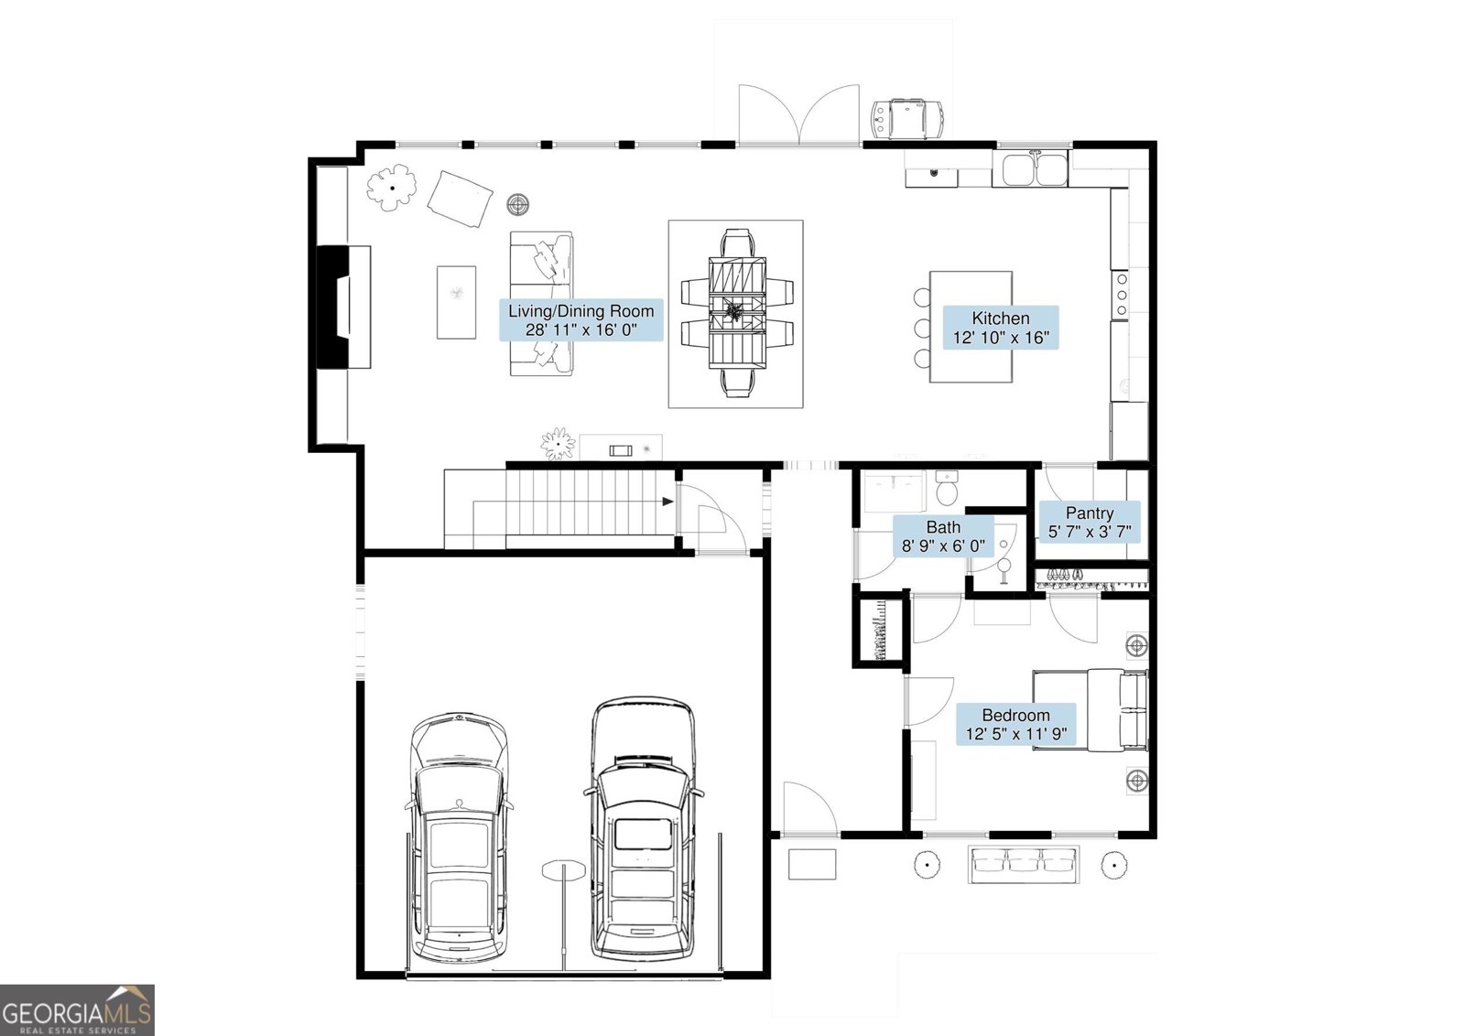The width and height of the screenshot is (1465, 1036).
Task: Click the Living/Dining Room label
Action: tap(581, 320)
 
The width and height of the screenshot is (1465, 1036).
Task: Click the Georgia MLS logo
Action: tap(77, 1009)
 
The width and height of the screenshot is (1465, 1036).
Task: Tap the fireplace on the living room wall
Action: tap(343, 308)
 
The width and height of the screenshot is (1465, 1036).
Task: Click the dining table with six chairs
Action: tap(736, 313)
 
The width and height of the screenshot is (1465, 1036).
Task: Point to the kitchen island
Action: tap(971, 327)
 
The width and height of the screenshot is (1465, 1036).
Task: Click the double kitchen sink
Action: tap(1030, 168)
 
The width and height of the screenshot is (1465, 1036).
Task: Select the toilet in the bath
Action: tap(947, 489)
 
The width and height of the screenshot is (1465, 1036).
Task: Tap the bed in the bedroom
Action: tap(1091, 710)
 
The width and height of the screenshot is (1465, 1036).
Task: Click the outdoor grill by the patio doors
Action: tap(907, 119)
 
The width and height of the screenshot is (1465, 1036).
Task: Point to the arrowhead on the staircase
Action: tap(667, 502)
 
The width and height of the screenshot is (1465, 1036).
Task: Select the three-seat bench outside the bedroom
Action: tap(1024, 864)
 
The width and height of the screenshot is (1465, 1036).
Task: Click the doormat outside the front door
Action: tap(811, 864)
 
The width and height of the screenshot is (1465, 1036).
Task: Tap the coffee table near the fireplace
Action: tap(457, 302)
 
